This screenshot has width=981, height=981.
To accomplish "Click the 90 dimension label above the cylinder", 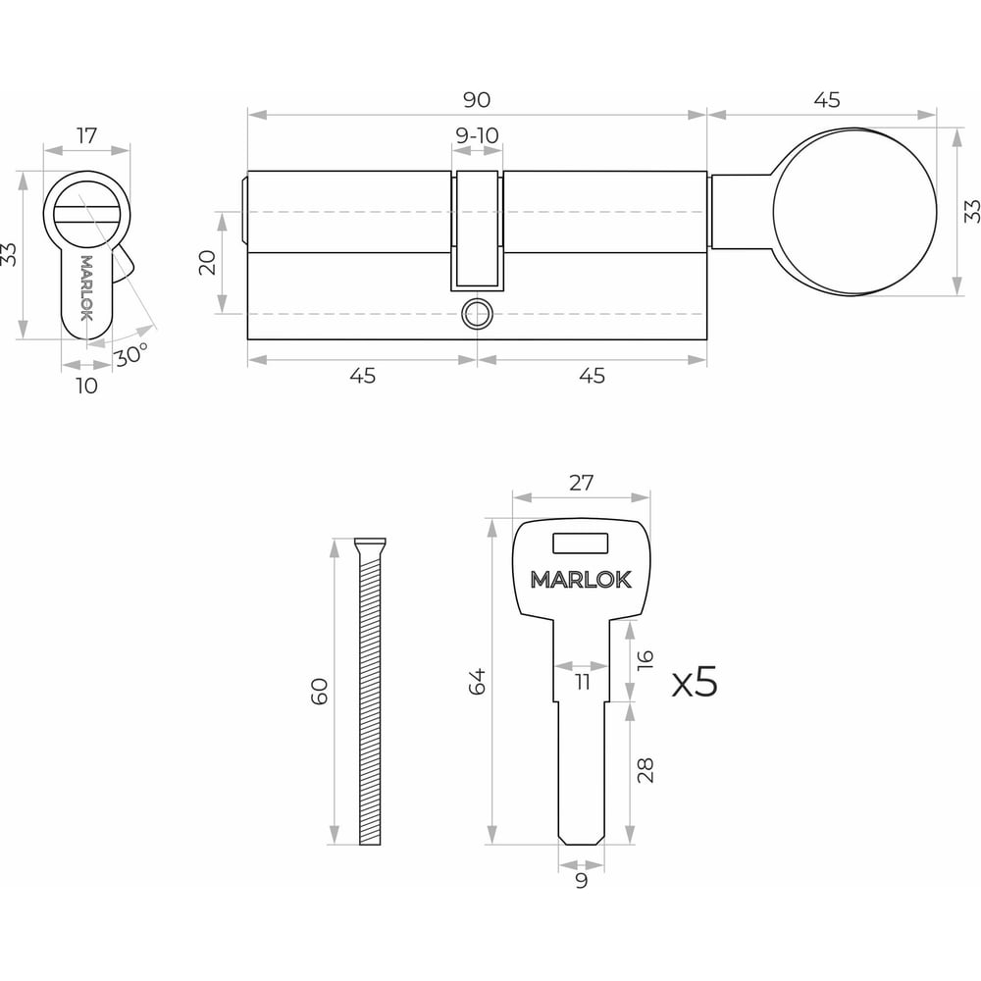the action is [476, 100].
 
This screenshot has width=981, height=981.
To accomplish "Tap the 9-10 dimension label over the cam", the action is [477, 135].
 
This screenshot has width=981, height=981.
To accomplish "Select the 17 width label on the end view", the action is [87, 135].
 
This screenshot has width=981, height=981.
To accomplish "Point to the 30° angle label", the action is [130, 355].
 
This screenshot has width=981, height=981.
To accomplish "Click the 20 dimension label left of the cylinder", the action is [207, 262].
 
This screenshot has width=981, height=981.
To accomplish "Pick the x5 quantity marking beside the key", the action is [695, 682].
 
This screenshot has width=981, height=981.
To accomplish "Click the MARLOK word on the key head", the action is [581, 580].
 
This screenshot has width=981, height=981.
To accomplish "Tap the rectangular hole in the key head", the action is [580, 543].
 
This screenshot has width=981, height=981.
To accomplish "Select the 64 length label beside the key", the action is [477, 682].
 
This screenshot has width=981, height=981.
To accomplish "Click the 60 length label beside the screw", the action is [319, 691].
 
